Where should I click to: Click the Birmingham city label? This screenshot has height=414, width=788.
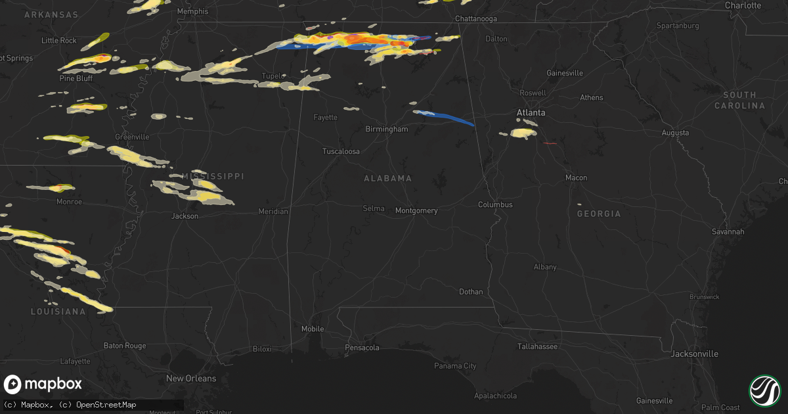(x=387, y=129)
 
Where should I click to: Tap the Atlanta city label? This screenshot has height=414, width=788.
(x=531, y=113)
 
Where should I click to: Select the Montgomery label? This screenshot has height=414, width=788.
(x=416, y=211)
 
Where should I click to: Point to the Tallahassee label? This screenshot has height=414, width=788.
(x=538, y=346)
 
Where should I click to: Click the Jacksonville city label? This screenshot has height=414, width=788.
(x=694, y=354)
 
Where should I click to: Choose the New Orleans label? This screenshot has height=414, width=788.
(x=190, y=379)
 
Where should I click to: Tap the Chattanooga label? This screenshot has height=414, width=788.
(x=476, y=18)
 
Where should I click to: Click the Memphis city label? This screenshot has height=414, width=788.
(x=192, y=11)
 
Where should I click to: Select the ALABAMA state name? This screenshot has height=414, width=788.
(x=388, y=179)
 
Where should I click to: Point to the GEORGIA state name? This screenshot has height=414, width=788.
(x=598, y=214)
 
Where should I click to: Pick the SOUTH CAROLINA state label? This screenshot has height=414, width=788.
(x=739, y=100)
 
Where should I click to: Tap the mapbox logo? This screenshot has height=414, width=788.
(x=43, y=384)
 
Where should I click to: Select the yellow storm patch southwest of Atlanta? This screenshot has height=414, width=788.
(x=523, y=133)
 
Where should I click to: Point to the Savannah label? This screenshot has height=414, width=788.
(x=728, y=232)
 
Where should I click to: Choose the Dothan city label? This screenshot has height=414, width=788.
(x=471, y=292)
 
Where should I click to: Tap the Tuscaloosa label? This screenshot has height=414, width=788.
(x=341, y=151)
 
